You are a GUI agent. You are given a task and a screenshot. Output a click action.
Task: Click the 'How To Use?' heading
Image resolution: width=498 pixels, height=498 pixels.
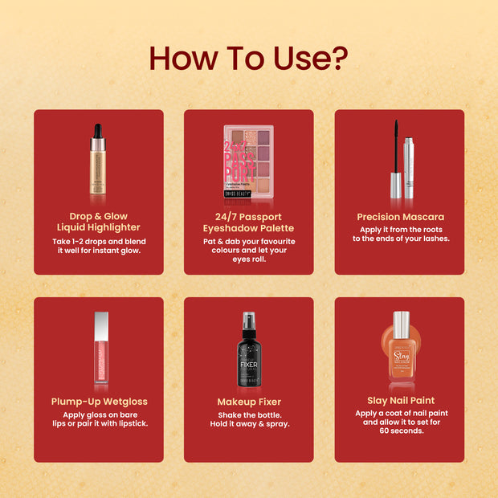pyautogui.click(x=248, y=59)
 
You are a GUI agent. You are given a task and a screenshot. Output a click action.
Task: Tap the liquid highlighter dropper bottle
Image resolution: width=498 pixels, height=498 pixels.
pyautogui.click(x=98, y=165)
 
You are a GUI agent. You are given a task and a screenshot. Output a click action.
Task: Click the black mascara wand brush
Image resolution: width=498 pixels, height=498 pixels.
pyautogui.click(x=395, y=149)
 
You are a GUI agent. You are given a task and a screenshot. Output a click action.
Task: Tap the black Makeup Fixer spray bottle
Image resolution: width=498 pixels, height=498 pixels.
pyautogui.click(x=249, y=353)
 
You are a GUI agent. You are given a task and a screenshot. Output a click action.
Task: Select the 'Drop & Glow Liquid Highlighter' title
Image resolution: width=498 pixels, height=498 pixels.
pyautogui.click(x=99, y=222)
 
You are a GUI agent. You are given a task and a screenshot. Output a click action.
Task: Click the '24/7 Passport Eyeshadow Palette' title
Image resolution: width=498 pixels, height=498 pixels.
pyautogui.click(x=249, y=222)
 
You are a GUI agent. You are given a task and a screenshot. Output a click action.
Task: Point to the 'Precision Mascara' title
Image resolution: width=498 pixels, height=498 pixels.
pyautogui.click(x=400, y=217)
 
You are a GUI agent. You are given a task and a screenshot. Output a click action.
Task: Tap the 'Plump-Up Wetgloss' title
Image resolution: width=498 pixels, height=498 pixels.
pyautogui.click(x=99, y=402)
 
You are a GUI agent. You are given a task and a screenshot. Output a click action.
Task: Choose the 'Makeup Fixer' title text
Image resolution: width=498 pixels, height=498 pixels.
pyautogui.click(x=249, y=402)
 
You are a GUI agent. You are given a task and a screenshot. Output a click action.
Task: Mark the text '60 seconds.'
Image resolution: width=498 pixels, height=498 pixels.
pyautogui.click(x=400, y=431)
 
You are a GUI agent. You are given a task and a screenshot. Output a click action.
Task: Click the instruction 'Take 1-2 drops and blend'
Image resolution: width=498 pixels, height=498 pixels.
pyautogui.click(x=99, y=241)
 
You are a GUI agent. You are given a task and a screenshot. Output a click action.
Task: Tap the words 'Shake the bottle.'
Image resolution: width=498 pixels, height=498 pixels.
pyautogui.click(x=249, y=414)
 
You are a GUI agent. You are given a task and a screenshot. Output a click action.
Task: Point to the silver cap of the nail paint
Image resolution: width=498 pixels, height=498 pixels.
pyautogui.click(x=401, y=324)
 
